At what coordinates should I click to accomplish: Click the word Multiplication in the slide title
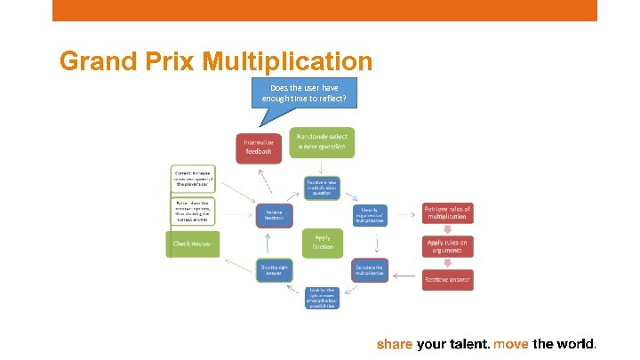click(287, 61)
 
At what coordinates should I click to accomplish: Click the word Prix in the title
click(170, 61)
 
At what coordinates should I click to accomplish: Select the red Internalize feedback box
click(260, 147)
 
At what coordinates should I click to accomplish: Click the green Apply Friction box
click(322, 242)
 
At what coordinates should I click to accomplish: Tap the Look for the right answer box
click(321, 297)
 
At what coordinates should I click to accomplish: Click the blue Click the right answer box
click(273, 268)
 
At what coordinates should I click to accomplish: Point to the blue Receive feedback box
click(273, 215)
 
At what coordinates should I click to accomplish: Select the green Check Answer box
click(192, 244)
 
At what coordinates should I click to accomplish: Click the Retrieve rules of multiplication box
click(447, 214)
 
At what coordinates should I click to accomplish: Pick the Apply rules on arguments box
click(447, 246)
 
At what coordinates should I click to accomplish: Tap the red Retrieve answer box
click(447, 279)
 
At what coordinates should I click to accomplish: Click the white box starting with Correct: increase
click(193, 179)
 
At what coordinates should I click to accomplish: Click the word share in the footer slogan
click(395, 343)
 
